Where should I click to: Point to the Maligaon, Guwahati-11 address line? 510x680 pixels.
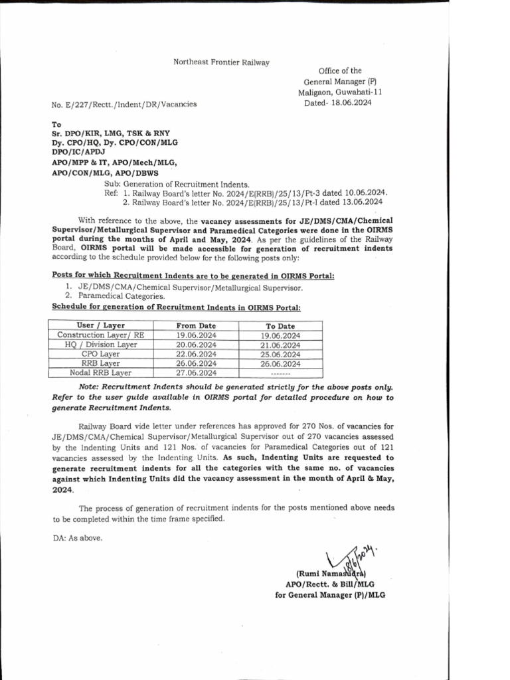[x=339, y=92]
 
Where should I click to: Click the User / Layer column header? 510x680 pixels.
[x=100, y=325]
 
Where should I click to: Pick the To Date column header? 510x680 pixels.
[x=280, y=326]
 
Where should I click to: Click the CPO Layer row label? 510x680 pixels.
[x=100, y=354]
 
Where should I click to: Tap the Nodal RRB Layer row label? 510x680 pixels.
[x=100, y=373]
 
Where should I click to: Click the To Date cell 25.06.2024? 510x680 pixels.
[x=280, y=355]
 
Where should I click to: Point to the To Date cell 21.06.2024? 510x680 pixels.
[x=280, y=345]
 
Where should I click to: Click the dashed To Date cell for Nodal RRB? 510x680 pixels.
[x=280, y=373]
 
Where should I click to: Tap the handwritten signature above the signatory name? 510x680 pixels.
[x=349, y=554]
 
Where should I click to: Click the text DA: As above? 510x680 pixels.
[x=78, y=538]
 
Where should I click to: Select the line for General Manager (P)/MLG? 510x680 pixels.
[x=330, y=595]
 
